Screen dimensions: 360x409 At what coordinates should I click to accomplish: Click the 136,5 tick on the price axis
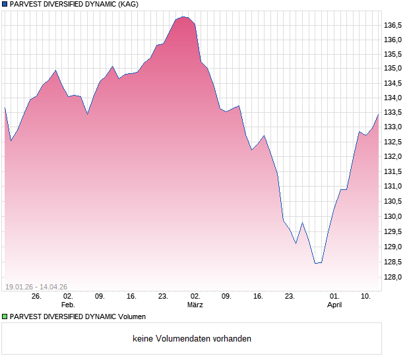pyautogui.click(x=393, y=26)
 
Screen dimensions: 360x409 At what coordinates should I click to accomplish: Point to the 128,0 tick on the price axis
pyautogui.click(x=393, y=277)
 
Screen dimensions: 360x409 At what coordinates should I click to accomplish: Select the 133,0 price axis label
pyautogui.click(x=393, y=127)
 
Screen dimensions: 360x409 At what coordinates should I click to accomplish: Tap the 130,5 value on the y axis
pyautogui.click(x=393, y=202)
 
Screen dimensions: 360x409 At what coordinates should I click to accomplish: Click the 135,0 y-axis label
pyautogui.click(x=393, y=68)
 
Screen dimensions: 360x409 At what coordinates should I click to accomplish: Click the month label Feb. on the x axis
pyautogui.click(x=68, y=305)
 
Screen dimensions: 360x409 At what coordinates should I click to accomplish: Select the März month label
pyautogui.click(x=195, y=305)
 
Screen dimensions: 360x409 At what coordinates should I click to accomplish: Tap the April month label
pyautogui.click(x=334, y=305)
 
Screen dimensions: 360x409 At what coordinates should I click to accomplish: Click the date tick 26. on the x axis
pyautogui.click(x=36, y=296)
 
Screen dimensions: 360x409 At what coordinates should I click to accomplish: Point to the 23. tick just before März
pyautogui.click(x=163, y=296)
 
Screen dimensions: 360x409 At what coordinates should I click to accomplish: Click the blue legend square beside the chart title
pyautogui.click(x=5, y=4)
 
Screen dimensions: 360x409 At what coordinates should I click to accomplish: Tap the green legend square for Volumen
pyautogui.click(x=5, y=316)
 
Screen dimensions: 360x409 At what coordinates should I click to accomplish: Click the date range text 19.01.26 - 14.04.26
pyautogui.click(x=36, y=286)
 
